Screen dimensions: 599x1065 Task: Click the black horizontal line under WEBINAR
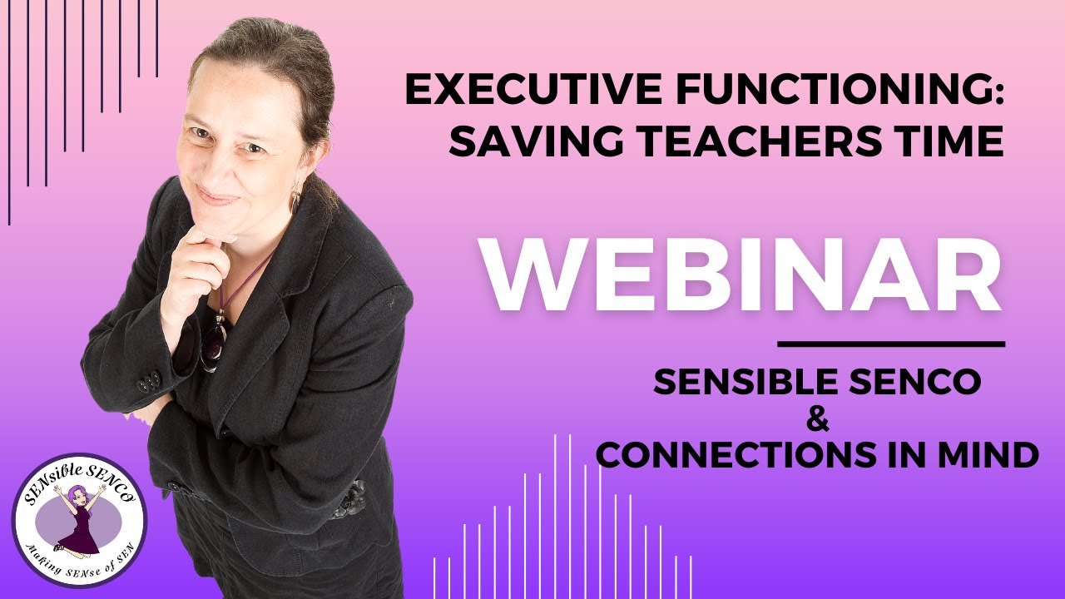(x=891, y=344)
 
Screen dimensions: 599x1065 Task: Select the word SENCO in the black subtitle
(x=914, y=382)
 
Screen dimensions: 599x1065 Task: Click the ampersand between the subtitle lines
(x=819, y=420)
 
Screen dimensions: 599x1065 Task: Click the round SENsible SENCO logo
(x=79, y=519)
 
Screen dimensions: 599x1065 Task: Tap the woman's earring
(x=295, y=200)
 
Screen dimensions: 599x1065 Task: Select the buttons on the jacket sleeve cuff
(x=150, y=382)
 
